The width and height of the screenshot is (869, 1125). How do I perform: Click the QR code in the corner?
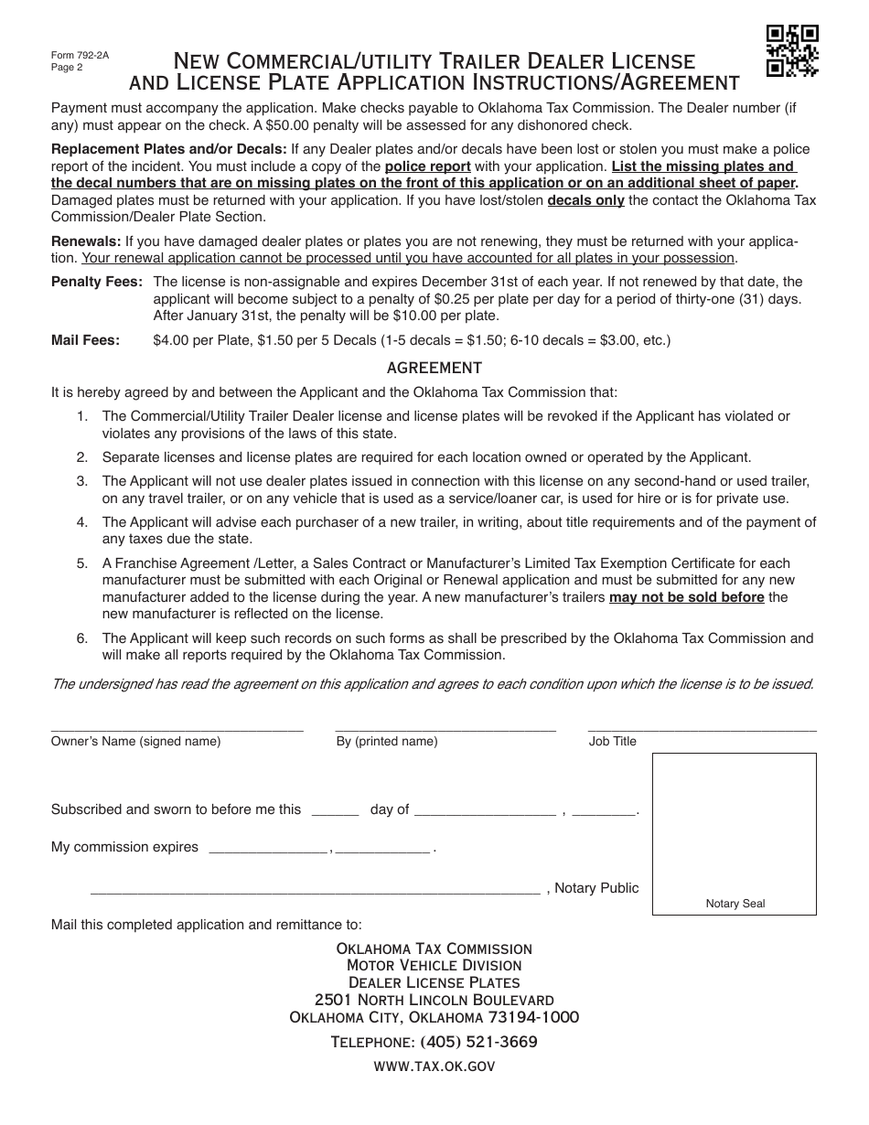(791, 51)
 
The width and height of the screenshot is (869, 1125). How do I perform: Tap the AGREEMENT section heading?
(434, 368)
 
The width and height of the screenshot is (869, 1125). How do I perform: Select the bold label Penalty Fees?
(97, 282)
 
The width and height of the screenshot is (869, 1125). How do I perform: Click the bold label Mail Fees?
(85, 340)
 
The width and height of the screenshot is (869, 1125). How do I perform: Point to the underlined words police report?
(427, 166)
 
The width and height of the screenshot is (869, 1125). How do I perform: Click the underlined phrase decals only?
(585, 200)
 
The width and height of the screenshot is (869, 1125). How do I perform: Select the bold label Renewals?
(86, 241)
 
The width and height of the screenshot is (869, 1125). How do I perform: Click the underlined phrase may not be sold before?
(686, 597)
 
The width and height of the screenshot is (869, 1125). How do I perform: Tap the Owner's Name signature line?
(177, 730)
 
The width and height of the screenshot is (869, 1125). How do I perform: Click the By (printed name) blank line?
(445, 730)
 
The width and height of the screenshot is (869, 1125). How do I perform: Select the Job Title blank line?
(703, 730)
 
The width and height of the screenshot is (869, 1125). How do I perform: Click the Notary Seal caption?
(735, 904)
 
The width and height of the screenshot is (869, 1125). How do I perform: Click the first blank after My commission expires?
(268, 851)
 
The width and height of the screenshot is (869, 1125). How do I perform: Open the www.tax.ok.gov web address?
(434, 1066)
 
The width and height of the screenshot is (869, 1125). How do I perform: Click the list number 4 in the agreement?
(82, 522)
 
